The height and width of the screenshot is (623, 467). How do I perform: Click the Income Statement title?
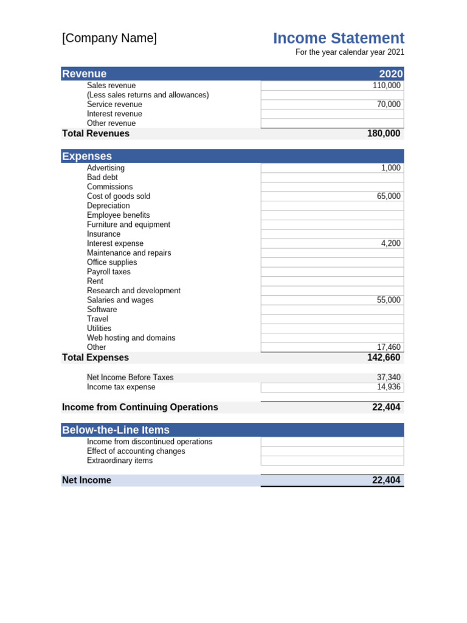[x=338, y=38]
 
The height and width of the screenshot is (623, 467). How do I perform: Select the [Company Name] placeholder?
[x=109, y=38]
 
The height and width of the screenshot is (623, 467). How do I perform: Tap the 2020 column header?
[x=391, y=74]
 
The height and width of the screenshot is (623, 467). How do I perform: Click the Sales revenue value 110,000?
[x=386, y=86]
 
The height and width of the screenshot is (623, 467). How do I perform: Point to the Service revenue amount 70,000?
[x=388, y=105]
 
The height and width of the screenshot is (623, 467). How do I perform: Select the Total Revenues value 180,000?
[x=384, y=133]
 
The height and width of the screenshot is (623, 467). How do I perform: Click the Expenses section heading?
[x=87, y=156]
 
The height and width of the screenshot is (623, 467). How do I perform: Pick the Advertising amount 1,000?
[x=390, y=168]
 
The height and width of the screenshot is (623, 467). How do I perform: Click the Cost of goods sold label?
[x=119, y=197]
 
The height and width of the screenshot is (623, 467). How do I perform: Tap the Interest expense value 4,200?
[x=390, y=243]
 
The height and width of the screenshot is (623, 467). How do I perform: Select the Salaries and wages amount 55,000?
[x=388, y=300]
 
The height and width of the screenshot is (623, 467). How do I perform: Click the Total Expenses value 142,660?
[x=384, y=358]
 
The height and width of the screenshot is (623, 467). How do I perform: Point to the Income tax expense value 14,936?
[x=389, y=387]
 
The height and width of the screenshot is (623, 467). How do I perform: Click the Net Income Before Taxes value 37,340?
[x=389, y=378]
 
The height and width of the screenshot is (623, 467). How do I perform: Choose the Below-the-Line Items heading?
[x=116, y=430]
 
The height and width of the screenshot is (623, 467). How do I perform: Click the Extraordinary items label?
[x=120, y=461]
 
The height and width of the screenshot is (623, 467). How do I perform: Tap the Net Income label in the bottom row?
[x=87, y=481]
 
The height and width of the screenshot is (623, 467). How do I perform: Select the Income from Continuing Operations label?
[x=140, y=408]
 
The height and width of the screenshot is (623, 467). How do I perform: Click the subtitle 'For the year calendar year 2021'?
[x=350, y=52]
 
